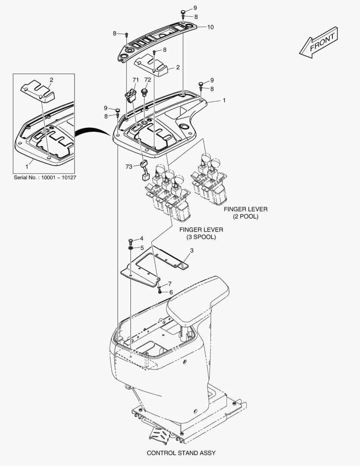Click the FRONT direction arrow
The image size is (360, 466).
click(x=319, y=42)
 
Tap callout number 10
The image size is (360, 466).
click(x=210, y=27)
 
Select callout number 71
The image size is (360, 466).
click(x=135, y=80)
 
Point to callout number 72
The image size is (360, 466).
click(x=147, y=80)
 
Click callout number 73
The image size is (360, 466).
click(x=129, y=167)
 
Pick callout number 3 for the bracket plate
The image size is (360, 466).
click(x=192, y=250)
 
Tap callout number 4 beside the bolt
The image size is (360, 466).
click(x=141, y=239)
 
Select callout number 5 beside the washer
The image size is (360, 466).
click(x=141, y=248)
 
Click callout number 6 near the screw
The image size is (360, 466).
click(x=171, y=292)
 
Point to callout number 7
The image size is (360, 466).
click(x=170, y=283)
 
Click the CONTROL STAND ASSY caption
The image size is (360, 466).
click(x=181, y=453)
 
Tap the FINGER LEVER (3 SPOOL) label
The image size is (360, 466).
click(x=201, y=233)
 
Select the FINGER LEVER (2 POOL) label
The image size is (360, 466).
click(x=245, y=213)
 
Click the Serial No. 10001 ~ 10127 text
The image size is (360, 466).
click(x=45, y=178)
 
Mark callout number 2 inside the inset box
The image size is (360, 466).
click(x=51, y=80)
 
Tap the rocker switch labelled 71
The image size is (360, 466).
click(x=130, y=96)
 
